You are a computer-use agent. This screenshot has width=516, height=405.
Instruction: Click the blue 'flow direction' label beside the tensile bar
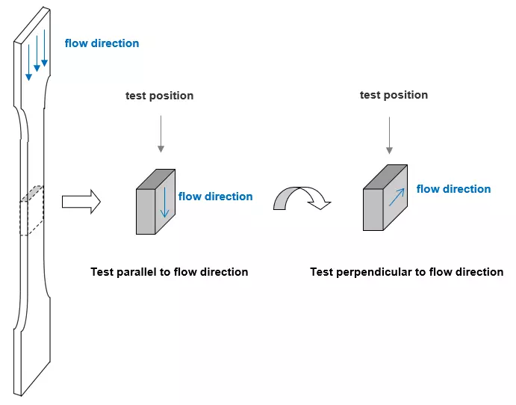click(102, 43)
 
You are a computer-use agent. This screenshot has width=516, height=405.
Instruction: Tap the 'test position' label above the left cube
click(159, 96)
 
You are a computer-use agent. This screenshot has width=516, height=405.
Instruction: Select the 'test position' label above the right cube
click(394, 95)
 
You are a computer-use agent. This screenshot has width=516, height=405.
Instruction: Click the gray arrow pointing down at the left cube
click(161, 134)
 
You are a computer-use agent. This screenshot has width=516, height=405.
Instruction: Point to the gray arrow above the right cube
click(389, 135)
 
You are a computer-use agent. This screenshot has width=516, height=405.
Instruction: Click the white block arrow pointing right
click(81, 202)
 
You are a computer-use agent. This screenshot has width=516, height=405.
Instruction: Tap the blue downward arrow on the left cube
click(164, 202)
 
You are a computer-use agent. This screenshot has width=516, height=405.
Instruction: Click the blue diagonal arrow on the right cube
click(397, 197)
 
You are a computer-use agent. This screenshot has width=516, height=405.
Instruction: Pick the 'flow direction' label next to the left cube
click(216, 197)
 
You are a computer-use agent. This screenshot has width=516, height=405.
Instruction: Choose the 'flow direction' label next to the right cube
click(453, 188)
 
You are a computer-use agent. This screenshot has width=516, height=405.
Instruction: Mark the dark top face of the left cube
click(155, 179)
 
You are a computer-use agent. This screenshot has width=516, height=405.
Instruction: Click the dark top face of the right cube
click(385, 177)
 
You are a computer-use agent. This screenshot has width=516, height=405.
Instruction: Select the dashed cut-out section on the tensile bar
click(31, 211)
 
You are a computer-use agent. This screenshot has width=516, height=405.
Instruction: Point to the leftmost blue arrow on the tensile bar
click(29, 63)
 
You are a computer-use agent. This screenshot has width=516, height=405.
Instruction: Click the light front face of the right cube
click(373, 210)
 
